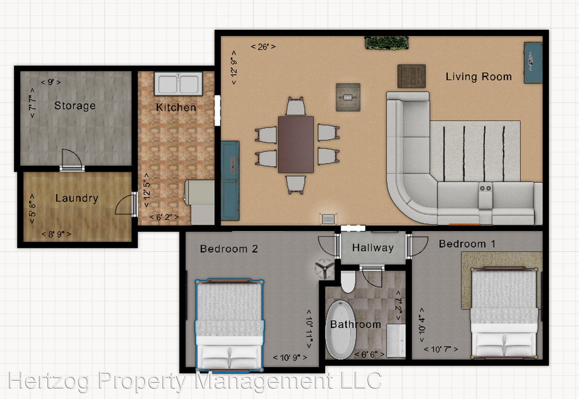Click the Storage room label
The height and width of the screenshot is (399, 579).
click(x=75, y=106)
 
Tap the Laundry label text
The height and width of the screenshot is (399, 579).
click(x=76, y=198)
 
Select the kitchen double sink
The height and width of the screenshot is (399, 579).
click(x=178, y=84)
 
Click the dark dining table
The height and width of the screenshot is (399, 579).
click(x=296, y=144)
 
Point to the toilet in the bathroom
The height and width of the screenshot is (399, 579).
click(x=348, y=282)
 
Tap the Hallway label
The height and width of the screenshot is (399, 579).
click(x=373, y=248)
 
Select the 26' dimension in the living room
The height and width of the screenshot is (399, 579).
click(x=263, y=46)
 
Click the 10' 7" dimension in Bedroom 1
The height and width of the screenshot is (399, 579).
click(x=441, y=349)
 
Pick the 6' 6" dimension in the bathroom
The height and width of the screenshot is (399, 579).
click(x=370, y=354)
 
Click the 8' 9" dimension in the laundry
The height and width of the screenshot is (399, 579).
click(x=56, y=234)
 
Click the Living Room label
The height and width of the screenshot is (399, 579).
click(x=479, y=77)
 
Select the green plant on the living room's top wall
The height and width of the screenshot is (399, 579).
click(x=387, y=43)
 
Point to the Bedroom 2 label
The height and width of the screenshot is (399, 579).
click(x=229, y=249)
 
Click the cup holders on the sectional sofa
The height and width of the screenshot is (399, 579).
click(x=485, y=188)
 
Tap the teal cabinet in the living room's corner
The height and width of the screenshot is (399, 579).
click(x=533, y=62)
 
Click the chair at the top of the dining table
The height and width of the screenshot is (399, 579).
click(x=296, y=107)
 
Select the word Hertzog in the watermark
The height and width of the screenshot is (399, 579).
click(x=50, y=381)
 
